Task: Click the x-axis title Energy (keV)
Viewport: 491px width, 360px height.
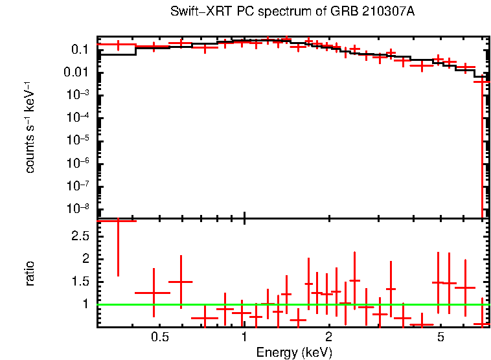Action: click(293, 352)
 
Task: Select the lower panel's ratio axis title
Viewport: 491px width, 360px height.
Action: click(30, 274)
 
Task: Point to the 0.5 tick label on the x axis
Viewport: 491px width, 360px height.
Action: click(159, 337)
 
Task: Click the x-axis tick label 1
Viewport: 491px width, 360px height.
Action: click(244, 337)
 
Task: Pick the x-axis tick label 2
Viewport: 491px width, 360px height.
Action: click(329, 337)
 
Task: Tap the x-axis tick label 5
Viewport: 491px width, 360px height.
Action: click(440, 337)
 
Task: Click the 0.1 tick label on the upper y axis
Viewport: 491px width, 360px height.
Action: click(79, 50)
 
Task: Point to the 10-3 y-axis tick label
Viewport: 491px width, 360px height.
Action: click(76, 95)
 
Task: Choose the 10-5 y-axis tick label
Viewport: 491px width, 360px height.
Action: click(76, 140)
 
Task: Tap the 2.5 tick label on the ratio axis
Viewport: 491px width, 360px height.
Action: click(80, 236)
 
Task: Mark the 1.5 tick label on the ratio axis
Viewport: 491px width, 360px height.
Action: click(80, 282)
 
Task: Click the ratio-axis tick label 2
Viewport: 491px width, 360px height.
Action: click(85, 259)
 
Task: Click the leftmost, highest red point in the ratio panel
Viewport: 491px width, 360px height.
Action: click(118, 221)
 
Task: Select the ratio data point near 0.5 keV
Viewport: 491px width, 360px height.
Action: click(154, 293)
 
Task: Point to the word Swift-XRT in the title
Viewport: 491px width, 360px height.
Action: click(193, 12)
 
